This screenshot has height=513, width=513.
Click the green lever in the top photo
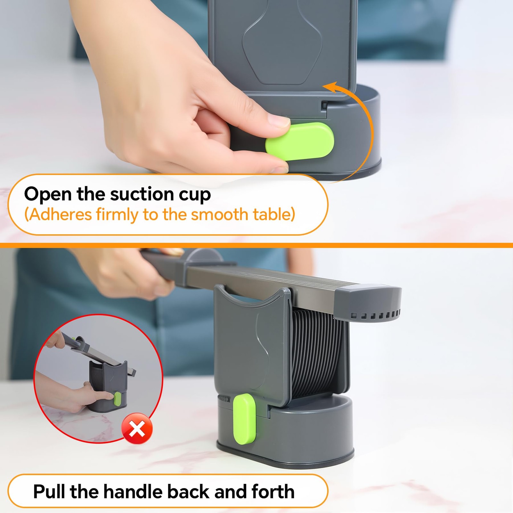point(299,141)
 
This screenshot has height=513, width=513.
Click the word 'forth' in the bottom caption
point(273,492)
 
